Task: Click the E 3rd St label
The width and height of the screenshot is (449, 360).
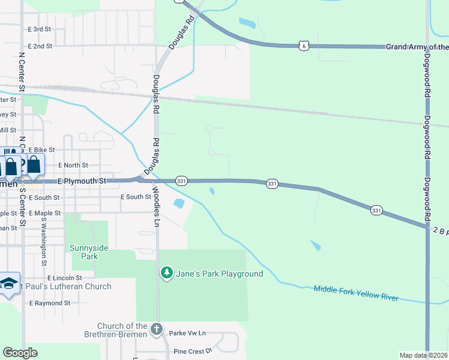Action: (40, 29)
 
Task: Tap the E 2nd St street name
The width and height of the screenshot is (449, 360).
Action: (40, 46)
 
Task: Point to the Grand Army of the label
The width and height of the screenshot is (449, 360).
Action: (417, 47)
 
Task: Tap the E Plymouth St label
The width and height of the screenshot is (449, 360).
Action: (82, 181)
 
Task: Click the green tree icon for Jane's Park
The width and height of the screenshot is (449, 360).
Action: (166, 274)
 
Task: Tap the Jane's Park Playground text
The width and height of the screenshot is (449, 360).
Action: (219, 274)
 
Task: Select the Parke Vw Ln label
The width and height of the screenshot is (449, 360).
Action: (187, 332)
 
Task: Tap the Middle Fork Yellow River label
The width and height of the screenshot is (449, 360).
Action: (356, 293)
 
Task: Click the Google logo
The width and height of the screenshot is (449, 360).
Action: (20, 353)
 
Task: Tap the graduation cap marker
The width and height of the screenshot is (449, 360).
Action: (8, 284)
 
